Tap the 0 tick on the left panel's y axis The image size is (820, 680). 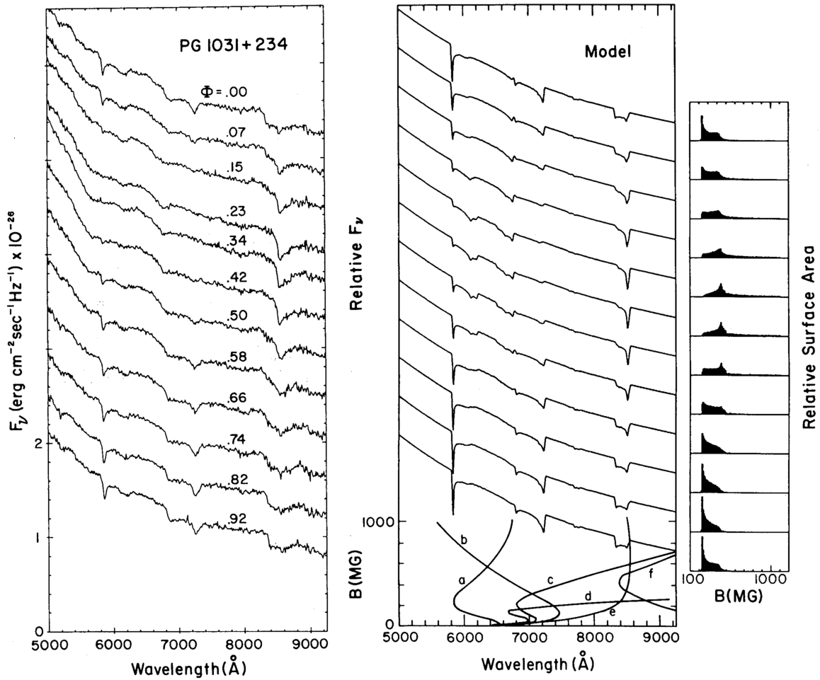40,631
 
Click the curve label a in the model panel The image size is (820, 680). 462,580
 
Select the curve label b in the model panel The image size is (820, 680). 464,541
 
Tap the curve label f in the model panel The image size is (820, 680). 650,574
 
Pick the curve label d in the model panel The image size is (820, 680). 588,596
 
